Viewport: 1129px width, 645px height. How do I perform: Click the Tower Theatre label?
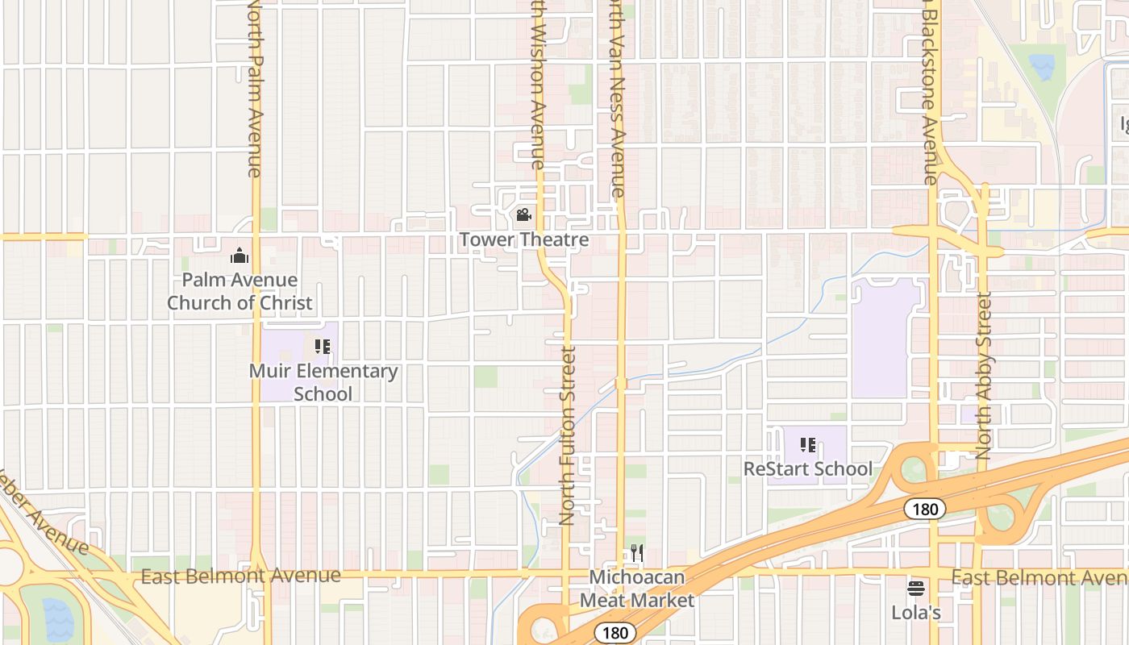point(524,240)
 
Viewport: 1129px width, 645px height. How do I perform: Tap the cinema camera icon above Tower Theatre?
point(523,215)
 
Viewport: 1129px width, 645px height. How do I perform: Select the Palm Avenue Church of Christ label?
point(240,291)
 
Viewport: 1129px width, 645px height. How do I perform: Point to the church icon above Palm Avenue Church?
point(240,256)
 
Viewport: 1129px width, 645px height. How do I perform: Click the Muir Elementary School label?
point(323,382)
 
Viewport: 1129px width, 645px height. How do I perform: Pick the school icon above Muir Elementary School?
point(323,347)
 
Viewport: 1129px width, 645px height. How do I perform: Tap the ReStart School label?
point(807,468)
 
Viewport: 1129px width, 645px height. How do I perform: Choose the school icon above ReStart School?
point(808,444)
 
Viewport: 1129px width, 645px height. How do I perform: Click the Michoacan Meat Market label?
point(637,589)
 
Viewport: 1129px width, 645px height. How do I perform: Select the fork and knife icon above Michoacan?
point(637,552)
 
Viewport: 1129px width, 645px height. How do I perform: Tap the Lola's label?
point(916,613)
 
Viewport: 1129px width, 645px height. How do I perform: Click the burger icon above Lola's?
point(916,588)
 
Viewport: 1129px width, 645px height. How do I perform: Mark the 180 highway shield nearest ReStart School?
point(924,509)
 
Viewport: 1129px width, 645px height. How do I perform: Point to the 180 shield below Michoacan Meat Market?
point(615,633)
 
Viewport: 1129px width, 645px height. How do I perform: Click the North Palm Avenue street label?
point(255,89)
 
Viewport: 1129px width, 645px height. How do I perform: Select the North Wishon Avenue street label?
point(537,85)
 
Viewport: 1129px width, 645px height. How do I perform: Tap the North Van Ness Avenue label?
point(615,97)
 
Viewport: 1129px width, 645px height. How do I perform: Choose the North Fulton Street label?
point(567,435)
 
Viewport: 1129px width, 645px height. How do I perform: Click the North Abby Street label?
point(984,377)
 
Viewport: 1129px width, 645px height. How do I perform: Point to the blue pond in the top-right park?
point(1041,66)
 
